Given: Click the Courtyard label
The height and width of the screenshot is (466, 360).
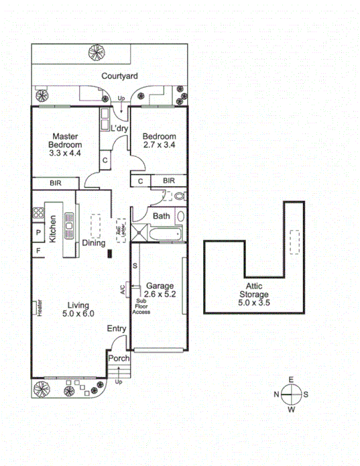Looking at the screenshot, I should pos(119,76).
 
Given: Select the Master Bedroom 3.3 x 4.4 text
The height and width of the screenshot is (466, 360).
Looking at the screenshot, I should pos(65,144).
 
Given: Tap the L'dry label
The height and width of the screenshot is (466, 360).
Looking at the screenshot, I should pos(119,128).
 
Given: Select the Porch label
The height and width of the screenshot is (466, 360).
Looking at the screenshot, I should pos(118,359).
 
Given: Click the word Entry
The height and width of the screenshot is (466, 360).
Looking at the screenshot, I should pos(116,329).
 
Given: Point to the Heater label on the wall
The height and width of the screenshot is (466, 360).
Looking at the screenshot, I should pos(39,307).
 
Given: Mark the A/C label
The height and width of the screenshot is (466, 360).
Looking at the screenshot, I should pos(122,290).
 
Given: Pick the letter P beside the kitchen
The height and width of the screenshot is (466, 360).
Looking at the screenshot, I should pos(38,233).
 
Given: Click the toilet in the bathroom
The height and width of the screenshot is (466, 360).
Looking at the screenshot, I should pos(178,196).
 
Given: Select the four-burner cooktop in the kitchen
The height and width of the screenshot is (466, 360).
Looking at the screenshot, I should pos(38,214).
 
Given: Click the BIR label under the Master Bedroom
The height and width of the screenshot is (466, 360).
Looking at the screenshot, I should pos(55,182).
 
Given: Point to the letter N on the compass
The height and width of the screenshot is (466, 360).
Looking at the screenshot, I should pos(276,394).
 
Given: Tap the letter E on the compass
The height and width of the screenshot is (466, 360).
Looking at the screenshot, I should pos(291,380).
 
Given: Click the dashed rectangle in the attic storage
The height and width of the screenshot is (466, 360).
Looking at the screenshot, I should pos(293,241).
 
